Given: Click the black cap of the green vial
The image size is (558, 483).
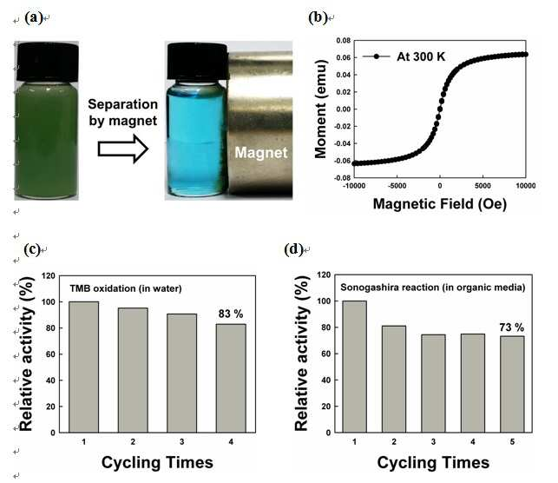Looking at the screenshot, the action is point(48,62).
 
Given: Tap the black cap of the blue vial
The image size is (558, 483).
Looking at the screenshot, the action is point(198,62).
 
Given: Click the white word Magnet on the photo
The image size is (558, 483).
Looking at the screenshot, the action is point(261,152).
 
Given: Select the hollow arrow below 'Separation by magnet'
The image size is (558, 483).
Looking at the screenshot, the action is point(122,149).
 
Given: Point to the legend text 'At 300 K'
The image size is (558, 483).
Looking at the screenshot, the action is point(421,56).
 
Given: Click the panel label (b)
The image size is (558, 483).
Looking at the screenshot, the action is point(318,17).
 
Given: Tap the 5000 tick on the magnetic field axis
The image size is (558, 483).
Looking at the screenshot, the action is point(483,186).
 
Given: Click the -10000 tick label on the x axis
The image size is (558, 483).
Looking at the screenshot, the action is point(354,186).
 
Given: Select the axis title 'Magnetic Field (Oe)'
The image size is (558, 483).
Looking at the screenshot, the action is point(440,204).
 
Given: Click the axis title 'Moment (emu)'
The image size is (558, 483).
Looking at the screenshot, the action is point(320,109).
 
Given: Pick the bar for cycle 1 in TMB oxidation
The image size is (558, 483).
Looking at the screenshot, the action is point(84,367).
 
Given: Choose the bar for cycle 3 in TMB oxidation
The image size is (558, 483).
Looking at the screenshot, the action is point(182,374).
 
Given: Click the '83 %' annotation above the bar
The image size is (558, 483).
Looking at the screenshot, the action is point(231,314).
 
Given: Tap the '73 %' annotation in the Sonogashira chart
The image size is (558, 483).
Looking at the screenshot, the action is point(512,328).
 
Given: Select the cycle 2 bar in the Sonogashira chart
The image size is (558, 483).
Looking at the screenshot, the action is point(394,380).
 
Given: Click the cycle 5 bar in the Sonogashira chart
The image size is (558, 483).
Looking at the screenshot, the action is point(512,384).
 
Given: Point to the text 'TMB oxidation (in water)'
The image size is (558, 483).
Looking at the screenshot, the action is point(126,288).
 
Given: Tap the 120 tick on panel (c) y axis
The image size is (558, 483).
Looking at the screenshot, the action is point(49,275).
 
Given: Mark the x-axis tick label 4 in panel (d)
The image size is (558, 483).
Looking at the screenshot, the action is point(473,441).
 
